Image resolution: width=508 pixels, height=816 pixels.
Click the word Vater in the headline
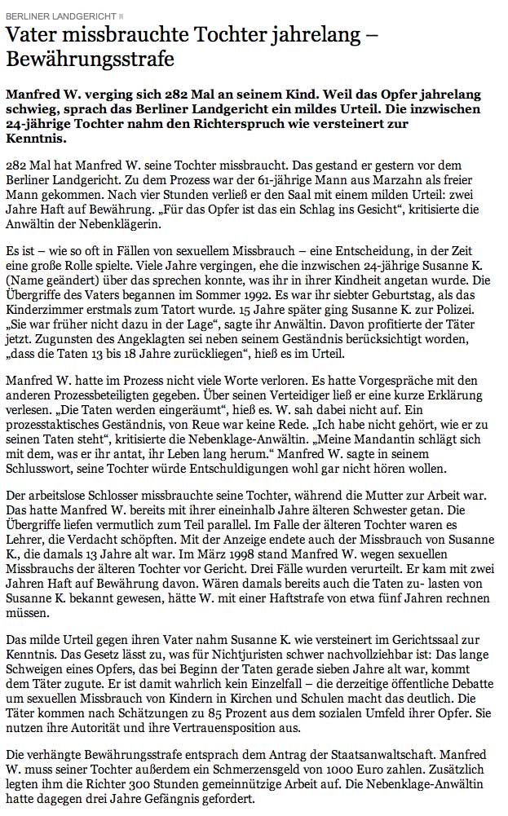[33, 35]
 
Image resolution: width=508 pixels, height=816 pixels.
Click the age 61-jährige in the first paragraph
[260, 176]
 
